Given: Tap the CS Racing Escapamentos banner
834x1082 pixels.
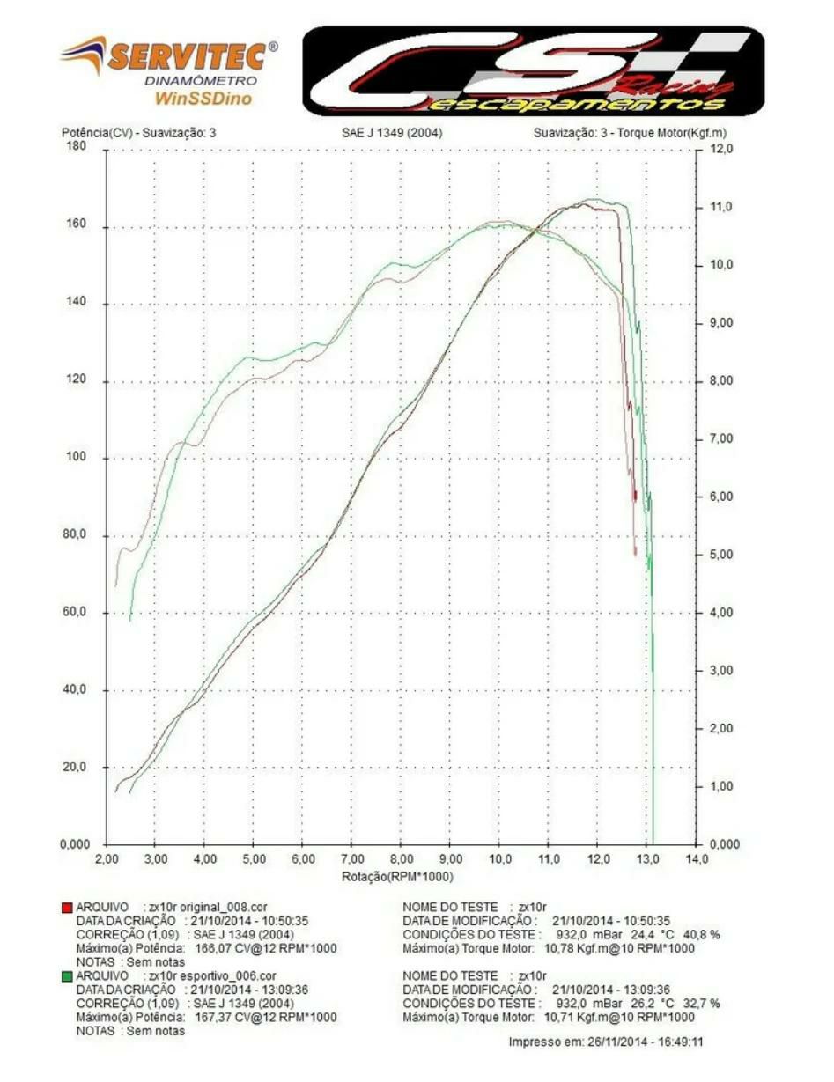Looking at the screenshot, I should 533,70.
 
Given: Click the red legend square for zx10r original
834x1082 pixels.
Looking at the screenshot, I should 67,907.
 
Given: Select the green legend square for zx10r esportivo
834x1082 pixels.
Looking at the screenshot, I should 67,976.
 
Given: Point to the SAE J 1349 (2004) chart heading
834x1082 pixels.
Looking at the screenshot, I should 392,133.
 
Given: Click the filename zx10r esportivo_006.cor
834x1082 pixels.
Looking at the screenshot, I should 212,975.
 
